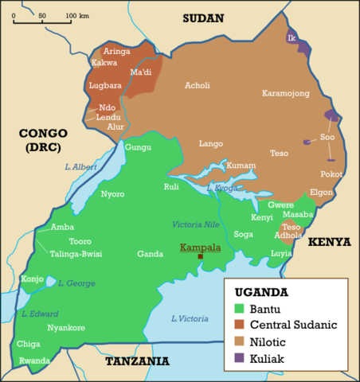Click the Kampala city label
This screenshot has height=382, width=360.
click(200, 248)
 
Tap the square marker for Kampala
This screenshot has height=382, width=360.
click(201, 256)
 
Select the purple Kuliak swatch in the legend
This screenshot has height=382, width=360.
click(238, 359)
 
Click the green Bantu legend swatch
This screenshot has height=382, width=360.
click(238, 308)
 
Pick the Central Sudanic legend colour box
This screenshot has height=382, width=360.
click(238, 325)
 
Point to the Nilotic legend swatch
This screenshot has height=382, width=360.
click(238, 342)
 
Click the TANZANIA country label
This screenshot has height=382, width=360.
click(137, 361)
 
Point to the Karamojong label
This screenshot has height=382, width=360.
click(285, 93)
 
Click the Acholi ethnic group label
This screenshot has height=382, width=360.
click(197, 85)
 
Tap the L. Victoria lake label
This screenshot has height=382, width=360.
click(190, 319)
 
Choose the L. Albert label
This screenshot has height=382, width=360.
click(80, 166)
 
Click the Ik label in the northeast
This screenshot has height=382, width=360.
click(292, 37)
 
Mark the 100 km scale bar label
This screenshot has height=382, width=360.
click(76, 16)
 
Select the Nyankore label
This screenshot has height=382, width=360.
click(65, 327)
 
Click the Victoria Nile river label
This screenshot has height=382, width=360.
click(195, 225)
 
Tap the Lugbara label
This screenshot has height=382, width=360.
click(105, 84)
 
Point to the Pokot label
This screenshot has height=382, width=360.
click(331, 173)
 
